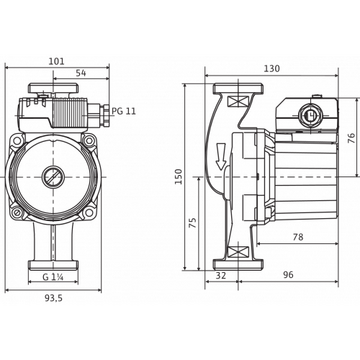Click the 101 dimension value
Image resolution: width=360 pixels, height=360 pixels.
click(57, 62)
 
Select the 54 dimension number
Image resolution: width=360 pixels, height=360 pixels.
click(81, 73)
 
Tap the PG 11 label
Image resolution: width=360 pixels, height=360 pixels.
click(124, 111)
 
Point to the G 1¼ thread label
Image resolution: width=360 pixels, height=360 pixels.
click(53, 276)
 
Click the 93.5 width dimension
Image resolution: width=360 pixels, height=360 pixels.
click(54, 298)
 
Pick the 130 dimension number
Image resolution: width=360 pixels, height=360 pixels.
click(272, 69)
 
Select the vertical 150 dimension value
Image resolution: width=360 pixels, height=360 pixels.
click(179, 176)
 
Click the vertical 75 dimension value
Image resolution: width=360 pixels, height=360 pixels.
click(193, 223)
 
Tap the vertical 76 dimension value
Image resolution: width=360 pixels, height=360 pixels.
click(352, 138)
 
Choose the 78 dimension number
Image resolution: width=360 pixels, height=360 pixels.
click(298, 237)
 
